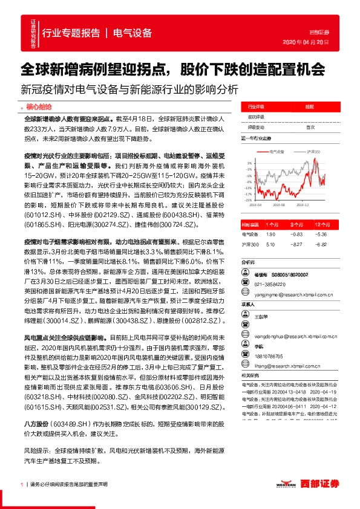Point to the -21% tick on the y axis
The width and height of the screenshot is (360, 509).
(x=248, y=199)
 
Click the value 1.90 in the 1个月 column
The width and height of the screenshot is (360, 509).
(x=270, y=234)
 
